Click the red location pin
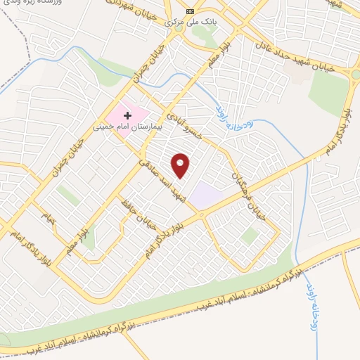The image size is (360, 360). pyautogui.click(x=181, y=165)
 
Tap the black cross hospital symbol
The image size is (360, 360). pyautogui.click(x=128, y=115)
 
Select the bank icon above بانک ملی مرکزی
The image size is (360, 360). pyautogui.click(x=190, y=11)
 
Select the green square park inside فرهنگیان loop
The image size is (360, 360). pyautogui.click(x=249, y=236)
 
